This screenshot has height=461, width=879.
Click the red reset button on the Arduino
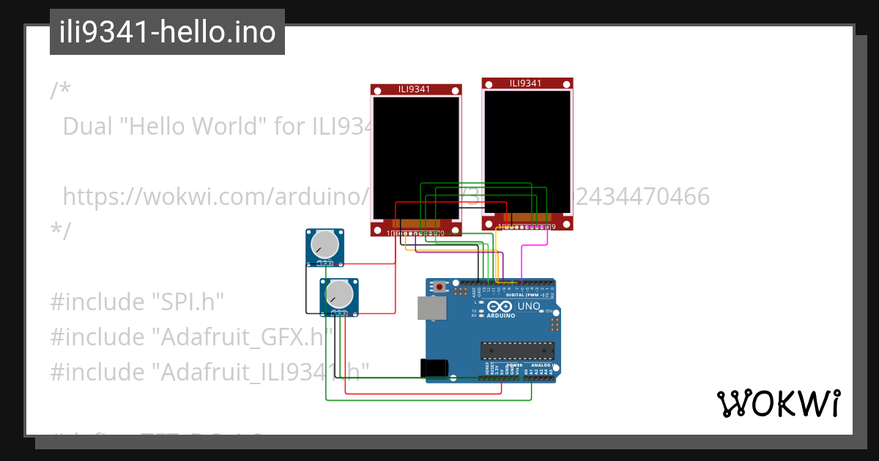pos(439,287)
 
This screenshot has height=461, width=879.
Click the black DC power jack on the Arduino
pos(434,368)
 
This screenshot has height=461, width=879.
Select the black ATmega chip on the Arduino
pos(517,351)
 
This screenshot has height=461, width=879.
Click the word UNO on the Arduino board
pos(529,307)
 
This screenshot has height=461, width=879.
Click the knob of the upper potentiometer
pos(324,245)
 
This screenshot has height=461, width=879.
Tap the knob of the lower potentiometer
pos(339,294)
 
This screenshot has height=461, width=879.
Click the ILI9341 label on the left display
pos(415,89)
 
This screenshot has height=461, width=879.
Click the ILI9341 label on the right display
pos(526,83)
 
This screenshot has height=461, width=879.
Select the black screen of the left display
pos(416,157)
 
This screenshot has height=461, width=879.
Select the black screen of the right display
pos(527,151)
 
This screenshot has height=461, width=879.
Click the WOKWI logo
pos(778,403)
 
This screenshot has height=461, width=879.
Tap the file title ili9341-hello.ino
pos(167,32)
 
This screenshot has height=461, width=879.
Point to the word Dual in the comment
pos(89,127)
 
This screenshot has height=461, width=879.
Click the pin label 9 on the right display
pos(552,227)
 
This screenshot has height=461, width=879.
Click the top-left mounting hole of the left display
pos(378,91)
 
